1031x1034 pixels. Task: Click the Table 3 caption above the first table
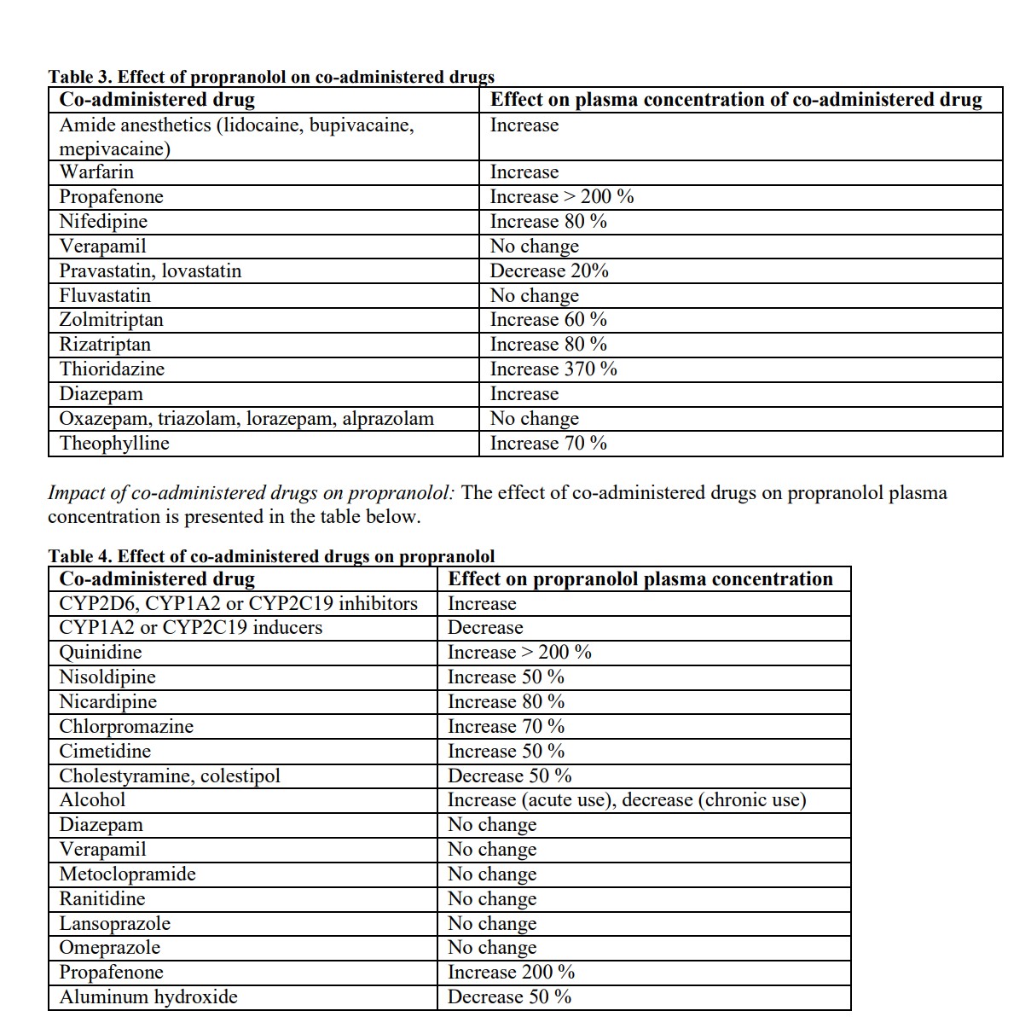[271, 77]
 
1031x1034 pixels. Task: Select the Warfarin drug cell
[96, 172]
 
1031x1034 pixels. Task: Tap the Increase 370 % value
[553, 369]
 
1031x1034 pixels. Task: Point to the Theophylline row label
[114, 444]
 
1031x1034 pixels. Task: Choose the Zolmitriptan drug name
[111, 320]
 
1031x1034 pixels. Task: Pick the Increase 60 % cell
[548, 320]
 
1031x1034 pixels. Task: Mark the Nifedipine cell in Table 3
[103, 222]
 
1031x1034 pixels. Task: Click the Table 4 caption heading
[271, 556]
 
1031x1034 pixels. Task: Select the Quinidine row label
[101, 653]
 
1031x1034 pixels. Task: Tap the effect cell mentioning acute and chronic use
[627, 800]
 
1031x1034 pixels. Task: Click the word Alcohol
[92, 800]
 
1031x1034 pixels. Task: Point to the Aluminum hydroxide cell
[148, 997]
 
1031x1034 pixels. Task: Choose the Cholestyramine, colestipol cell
[170, 776]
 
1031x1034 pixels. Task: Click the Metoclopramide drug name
[127, 874]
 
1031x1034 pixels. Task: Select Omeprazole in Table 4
[109, 948]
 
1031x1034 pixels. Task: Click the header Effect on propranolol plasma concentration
[640, 579]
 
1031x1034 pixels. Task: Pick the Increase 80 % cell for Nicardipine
[506, 702]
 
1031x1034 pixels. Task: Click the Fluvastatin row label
[105, 296]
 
